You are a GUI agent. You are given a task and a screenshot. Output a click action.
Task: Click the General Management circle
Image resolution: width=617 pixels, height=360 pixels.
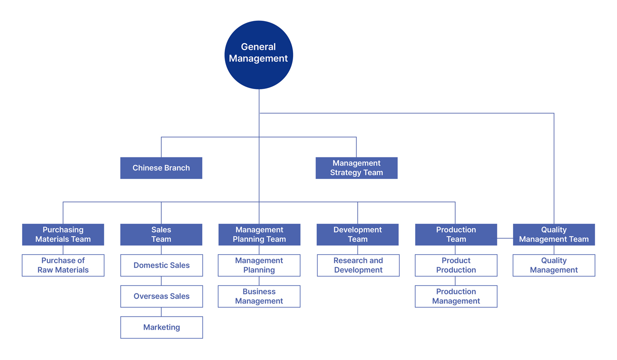click(259, 55)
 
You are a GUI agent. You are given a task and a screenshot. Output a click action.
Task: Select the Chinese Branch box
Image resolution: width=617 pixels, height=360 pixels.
click(161, 168)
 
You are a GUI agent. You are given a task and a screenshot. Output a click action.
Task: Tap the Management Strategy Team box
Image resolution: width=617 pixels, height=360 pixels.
click(357, 168)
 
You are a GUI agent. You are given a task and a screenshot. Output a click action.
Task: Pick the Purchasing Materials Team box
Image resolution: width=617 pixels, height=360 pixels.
click(63, 234)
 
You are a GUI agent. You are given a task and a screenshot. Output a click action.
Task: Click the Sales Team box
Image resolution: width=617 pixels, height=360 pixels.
click(161, 234)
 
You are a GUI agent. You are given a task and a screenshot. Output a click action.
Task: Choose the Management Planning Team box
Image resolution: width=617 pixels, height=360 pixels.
click(259, 234)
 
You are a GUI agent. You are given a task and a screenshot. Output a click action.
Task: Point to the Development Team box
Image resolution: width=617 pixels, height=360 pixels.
click(357, 234)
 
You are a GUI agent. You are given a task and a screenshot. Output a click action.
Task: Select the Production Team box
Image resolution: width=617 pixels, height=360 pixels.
click(456, 234)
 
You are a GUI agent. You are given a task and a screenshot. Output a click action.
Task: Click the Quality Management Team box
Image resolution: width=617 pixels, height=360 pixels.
click(554, 234)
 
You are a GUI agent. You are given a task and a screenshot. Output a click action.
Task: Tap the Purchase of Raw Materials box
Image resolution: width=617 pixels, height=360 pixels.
click(63, 265)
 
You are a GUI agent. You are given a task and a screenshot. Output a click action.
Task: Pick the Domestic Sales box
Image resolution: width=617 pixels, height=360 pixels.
click(161, 265)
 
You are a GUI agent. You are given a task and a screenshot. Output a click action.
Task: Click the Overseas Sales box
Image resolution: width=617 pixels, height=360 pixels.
click(161, 297)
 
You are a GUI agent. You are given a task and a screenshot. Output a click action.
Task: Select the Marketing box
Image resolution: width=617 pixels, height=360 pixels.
click(161, 327)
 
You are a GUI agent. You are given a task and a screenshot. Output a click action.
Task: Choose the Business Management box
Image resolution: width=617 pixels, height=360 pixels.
click(259, 297)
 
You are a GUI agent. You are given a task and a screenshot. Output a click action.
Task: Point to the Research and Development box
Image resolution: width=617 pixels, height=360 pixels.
click(358, 265)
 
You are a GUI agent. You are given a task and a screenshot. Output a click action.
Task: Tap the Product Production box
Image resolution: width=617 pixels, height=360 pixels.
click(456, 265)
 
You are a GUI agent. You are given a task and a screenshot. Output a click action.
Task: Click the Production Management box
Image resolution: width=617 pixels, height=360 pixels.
click(456, 297)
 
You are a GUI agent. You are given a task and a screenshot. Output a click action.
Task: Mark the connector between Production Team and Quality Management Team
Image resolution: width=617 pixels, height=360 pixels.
click(505, 238)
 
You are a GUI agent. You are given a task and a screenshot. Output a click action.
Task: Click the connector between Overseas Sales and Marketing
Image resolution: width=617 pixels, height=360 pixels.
click(161, 312)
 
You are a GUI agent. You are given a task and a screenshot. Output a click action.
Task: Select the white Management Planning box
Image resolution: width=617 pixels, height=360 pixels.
click(259, 265)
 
